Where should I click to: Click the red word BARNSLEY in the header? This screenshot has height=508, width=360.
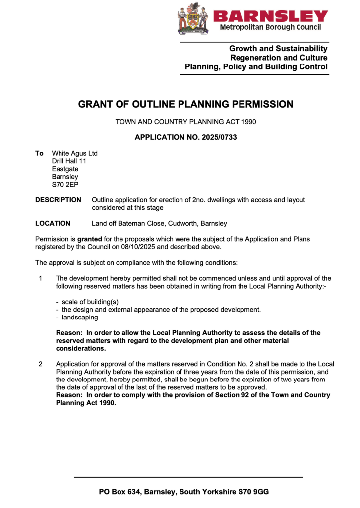[x=271, y=16]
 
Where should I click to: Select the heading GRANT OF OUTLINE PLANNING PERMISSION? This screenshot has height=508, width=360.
[x=185, y=104]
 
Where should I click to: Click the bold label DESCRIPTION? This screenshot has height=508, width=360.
[x=58, y=200]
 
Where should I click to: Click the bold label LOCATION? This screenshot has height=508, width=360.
[x=53, y=224]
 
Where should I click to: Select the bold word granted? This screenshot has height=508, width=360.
[x=90, y=239]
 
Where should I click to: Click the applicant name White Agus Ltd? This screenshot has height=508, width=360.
[x=74, y=153]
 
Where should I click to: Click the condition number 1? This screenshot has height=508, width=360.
[x=40, y=278]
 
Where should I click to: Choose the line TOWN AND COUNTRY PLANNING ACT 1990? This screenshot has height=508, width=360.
[x=185, y=121]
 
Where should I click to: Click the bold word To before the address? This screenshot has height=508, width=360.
[x=39, y=153]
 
